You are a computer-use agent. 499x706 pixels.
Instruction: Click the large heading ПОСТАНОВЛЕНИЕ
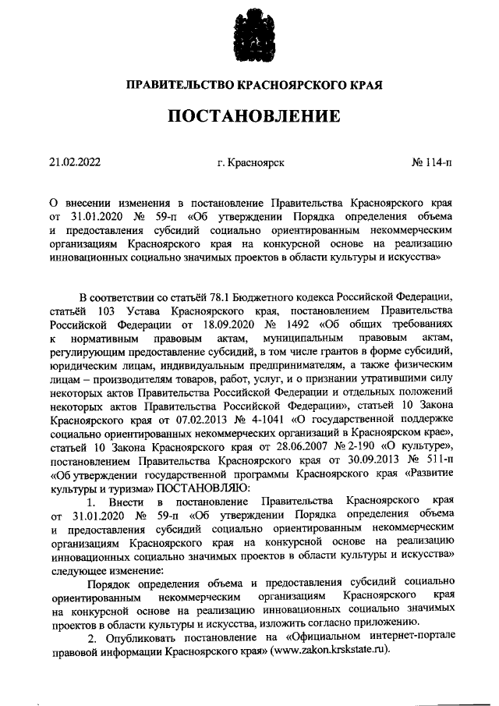pos(249,115)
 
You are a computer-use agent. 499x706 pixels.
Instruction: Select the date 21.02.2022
pos(75,164)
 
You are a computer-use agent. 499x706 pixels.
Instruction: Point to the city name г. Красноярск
pos(249,164)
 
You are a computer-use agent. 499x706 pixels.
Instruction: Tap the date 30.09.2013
pos(355,463)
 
